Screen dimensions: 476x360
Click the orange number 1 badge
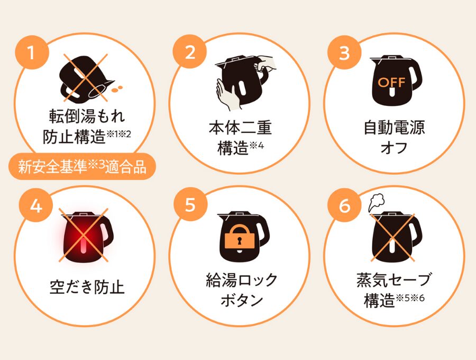[32, 52]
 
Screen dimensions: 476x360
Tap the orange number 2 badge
[190, 52]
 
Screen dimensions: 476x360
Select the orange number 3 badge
[344, 52]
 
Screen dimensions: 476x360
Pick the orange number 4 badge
[36, 205]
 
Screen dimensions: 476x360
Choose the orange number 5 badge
[190, 204]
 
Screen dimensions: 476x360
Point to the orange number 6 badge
[344, 205]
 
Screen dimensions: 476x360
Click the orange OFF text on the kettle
[391, 82]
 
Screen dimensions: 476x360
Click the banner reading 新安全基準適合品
[82, 166]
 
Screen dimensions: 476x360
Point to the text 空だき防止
[87, 287]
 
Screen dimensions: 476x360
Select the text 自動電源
[394, 127]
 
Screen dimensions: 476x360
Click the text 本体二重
[240, 127]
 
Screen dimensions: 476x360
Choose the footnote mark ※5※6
[410, 298]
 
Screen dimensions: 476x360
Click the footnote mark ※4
[257, 146]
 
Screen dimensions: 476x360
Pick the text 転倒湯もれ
[87, 116]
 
